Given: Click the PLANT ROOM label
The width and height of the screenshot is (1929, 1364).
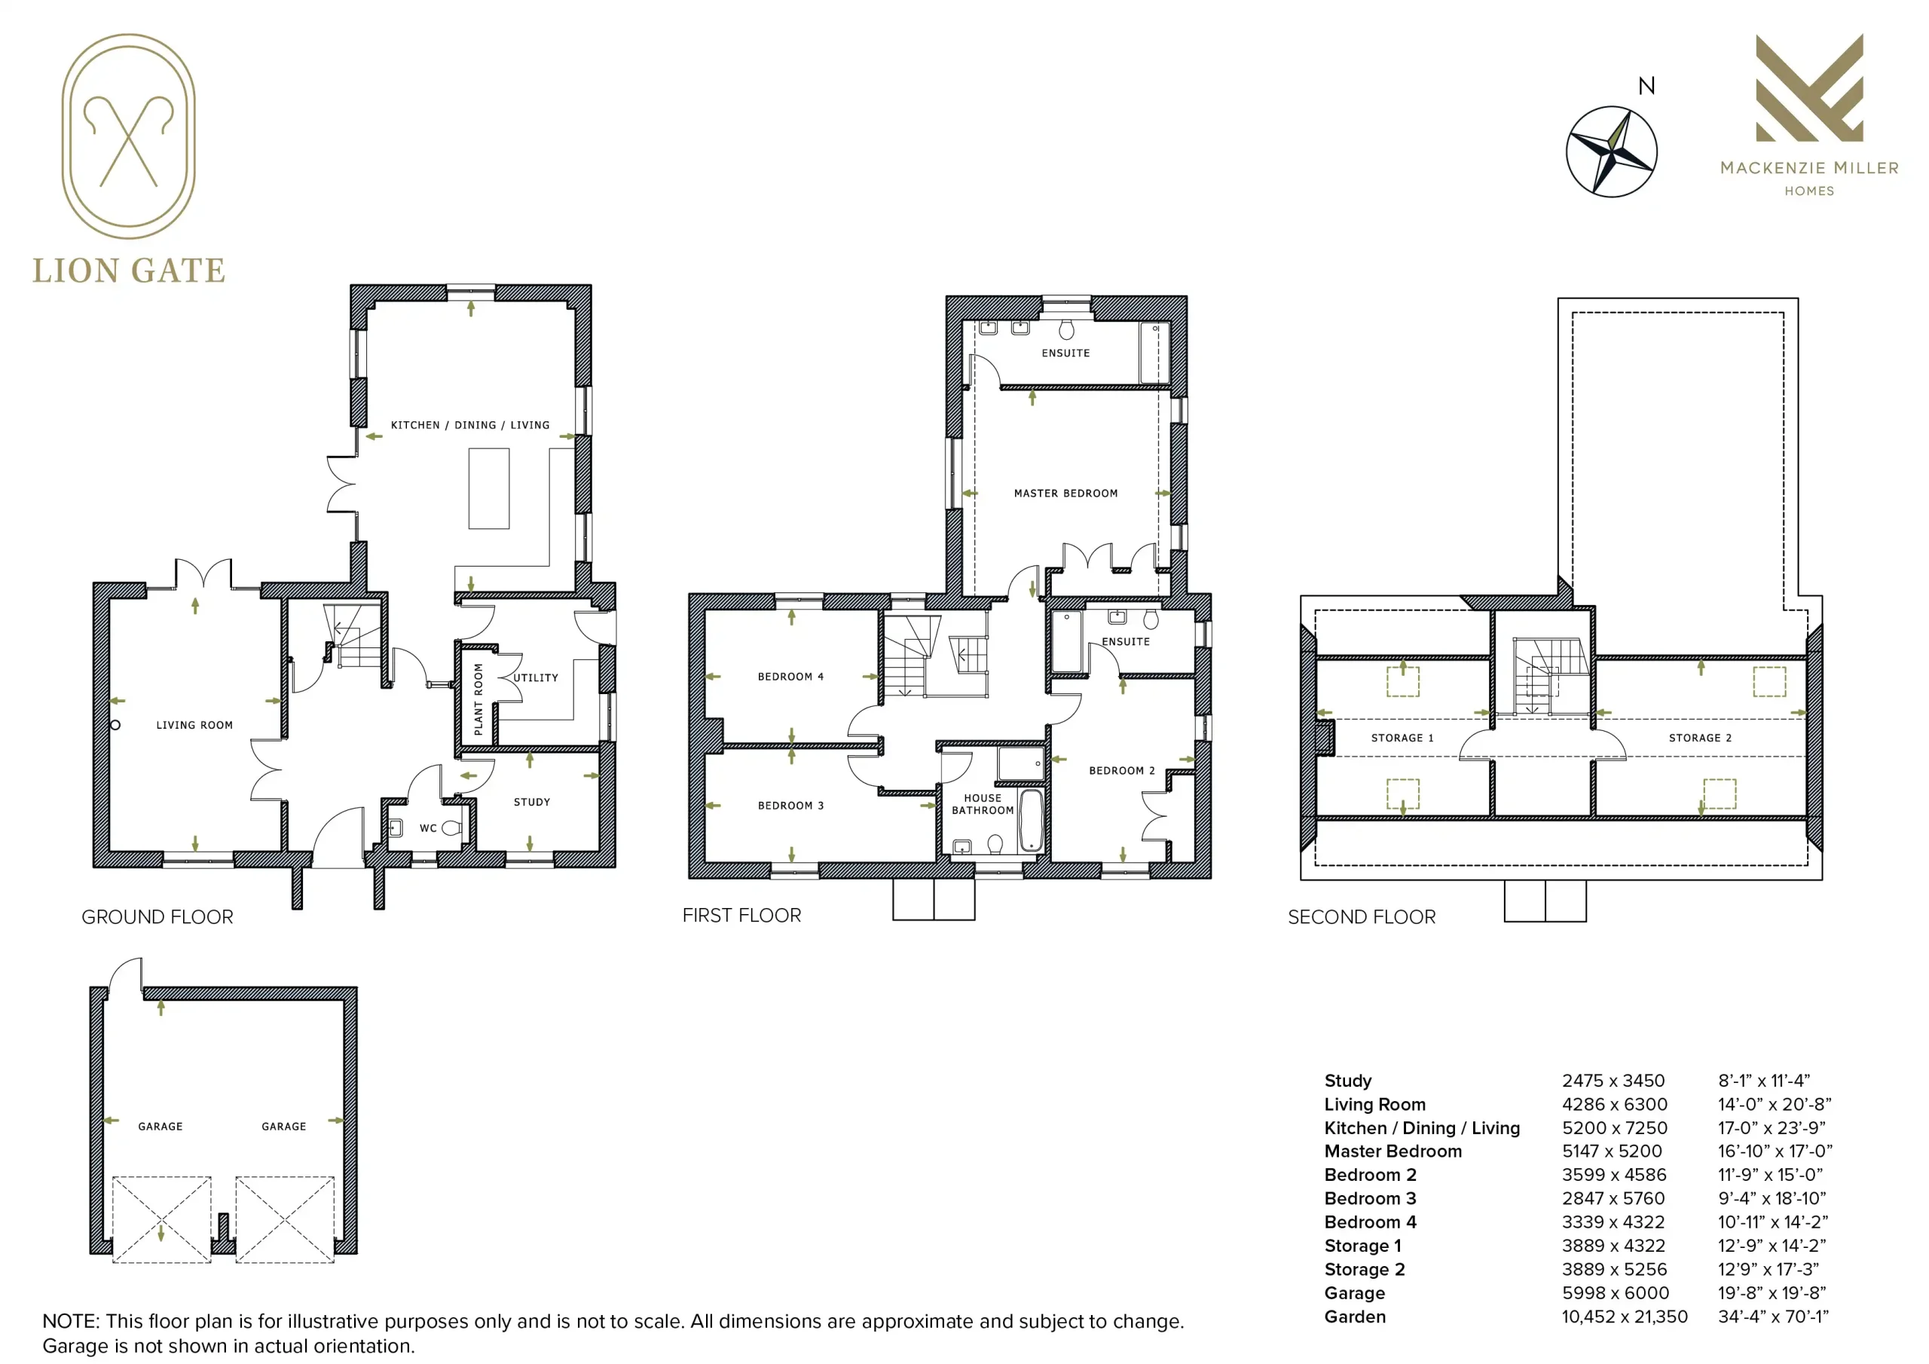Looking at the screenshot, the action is [x=478, y=699].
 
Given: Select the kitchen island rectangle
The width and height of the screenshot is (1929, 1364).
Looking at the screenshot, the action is [x=489, y=488].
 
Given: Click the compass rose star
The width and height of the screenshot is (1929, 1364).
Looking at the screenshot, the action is [x=1612, y=152].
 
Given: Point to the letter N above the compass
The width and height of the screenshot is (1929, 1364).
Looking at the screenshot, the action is [x=1646, y=86].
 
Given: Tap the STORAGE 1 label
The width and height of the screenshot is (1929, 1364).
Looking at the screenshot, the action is [x=1402, y=738].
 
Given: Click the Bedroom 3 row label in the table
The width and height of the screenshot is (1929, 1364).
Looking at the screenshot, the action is [x=1371, y=1198].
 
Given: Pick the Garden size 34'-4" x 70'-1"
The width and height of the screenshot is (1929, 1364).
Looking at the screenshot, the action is [x=1773, y=1317].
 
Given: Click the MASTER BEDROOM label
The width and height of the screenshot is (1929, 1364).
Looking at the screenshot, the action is [x=1065, y=494].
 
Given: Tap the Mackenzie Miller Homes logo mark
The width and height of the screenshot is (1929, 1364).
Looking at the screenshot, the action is [x=1809, y=88].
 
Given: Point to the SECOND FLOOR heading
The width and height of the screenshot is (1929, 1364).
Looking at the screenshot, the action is [x=1362, y=917].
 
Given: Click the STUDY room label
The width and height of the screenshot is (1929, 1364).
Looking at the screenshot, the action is [x=532, y=802].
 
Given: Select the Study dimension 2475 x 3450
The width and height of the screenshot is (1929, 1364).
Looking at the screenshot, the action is [x=1613, y=1081].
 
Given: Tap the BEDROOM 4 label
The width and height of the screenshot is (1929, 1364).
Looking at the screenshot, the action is [x=790, y=677].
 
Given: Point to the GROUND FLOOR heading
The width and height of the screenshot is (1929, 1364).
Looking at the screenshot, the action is [x=157, y=917].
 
